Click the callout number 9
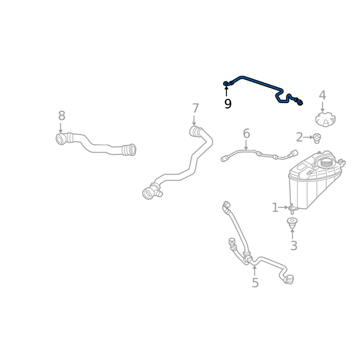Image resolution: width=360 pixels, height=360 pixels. point(228,104)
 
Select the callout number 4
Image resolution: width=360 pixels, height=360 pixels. point(322,95)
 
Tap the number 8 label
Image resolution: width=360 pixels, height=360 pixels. point(62,116)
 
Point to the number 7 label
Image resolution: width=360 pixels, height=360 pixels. point(195,108)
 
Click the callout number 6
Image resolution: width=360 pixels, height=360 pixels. point(246,134)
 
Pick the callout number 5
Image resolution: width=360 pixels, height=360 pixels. point(255,283)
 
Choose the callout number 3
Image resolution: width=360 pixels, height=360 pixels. point(293,246)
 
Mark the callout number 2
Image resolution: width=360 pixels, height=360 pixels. point(299,137)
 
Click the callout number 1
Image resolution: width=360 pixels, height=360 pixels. point(275,207)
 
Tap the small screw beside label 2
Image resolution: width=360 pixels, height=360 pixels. point(317,137)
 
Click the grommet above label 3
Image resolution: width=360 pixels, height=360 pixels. point(292,222)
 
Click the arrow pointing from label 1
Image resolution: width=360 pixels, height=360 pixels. point(283,207)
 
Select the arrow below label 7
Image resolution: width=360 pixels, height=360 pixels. point(195,121)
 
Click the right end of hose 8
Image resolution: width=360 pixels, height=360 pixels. point(130,149)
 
